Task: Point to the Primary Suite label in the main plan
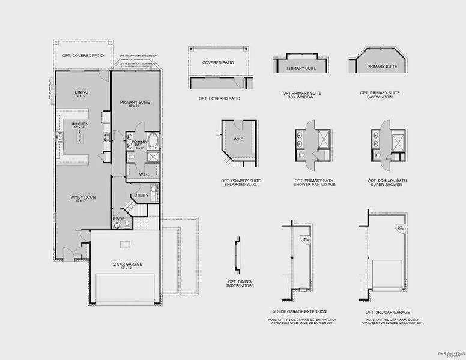click(135, 102)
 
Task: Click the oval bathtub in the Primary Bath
click(154, 141)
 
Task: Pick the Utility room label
click(141, 195)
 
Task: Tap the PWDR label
click(119, 219)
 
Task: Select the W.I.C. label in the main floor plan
click(144, 175)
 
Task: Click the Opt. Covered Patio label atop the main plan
click(83, 55)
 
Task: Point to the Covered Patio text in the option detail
click(218, 62)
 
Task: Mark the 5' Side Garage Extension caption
click(299, 311)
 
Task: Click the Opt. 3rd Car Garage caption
click(387, 313)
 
